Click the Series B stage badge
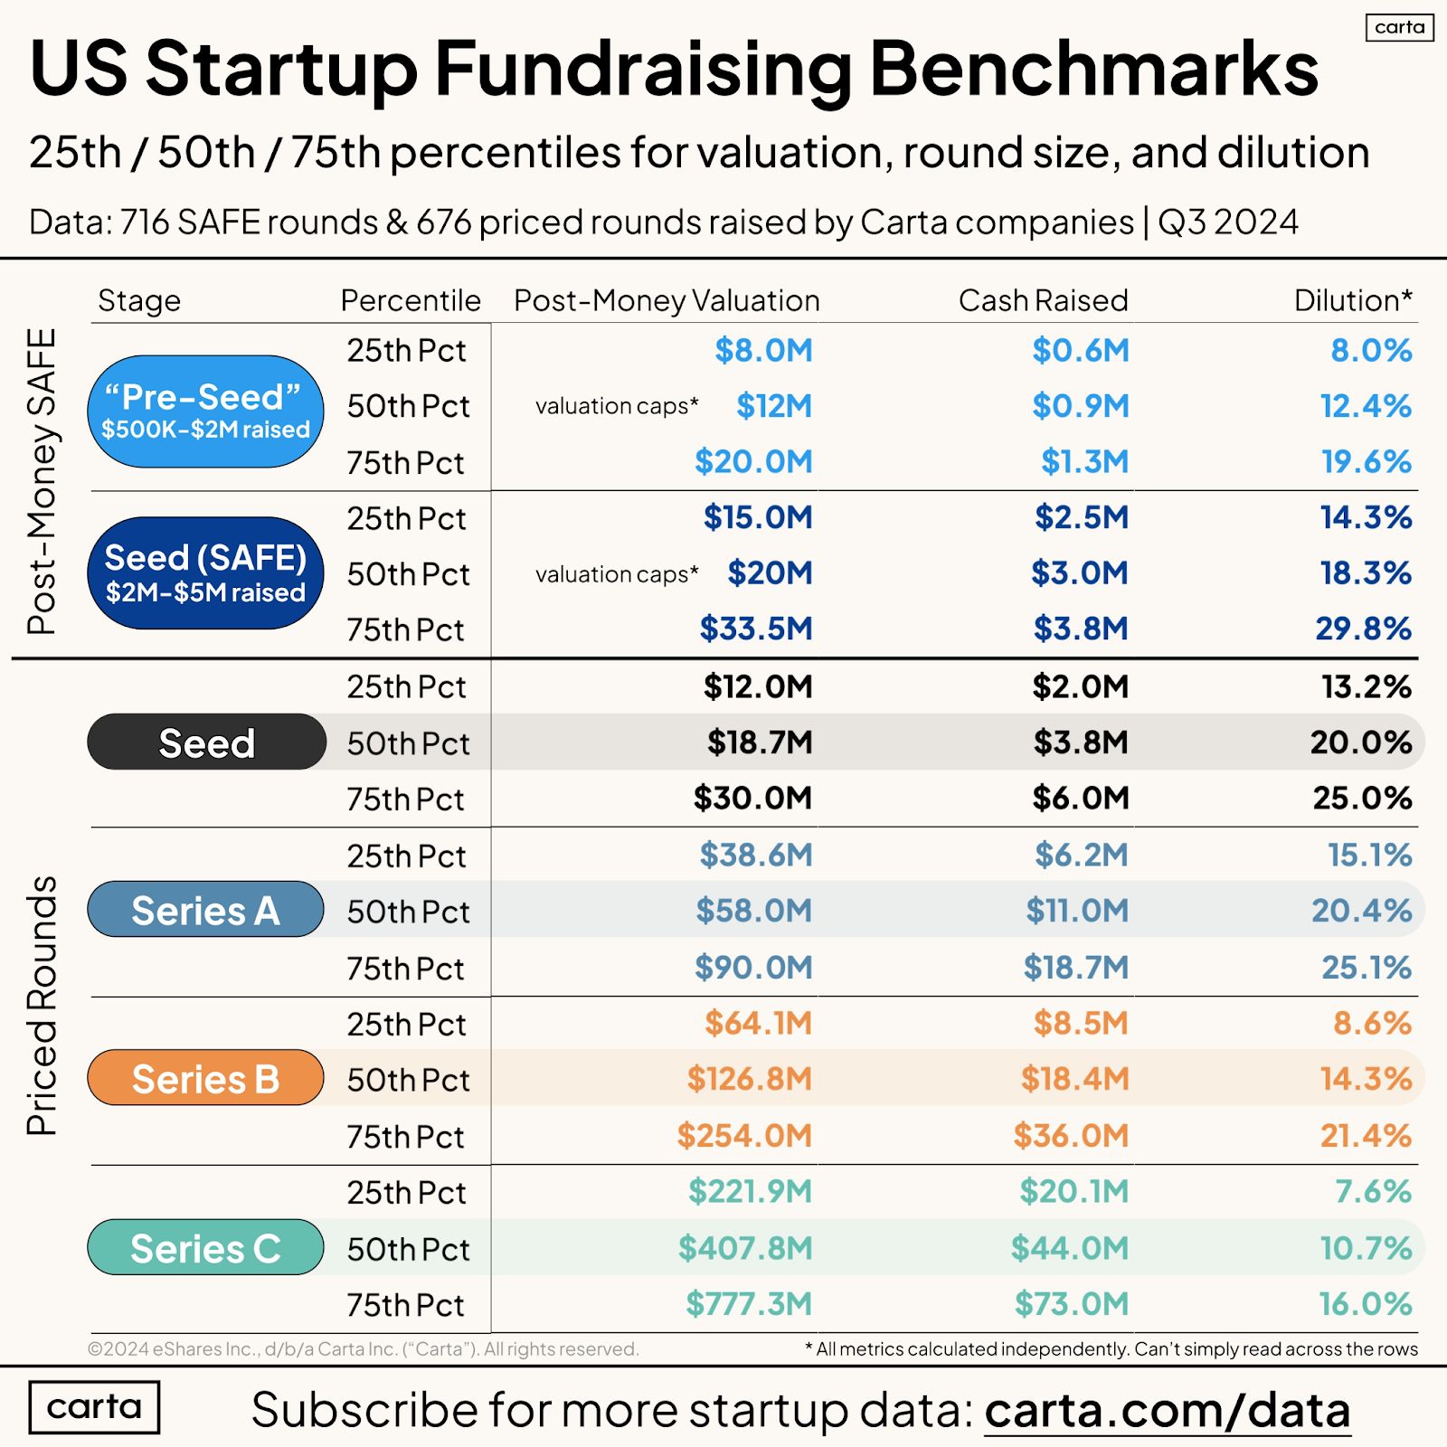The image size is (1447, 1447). tap(205, 1078)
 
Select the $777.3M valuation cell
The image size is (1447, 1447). tap(749, 1304)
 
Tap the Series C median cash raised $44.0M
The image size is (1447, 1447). tap(1070, 1248)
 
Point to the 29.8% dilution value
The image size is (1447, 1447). tap(1363, 629)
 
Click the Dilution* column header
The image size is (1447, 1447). tap(1352, 300)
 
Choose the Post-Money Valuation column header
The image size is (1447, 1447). tap(667, 300)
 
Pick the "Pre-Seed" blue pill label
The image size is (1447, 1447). tap(205, 411)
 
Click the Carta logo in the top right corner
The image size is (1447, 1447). tap(1399, 27)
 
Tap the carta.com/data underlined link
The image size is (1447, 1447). tap(1167, 1410)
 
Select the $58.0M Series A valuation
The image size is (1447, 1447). tap(753, 911)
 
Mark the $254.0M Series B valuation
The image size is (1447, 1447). tap(744, 1136)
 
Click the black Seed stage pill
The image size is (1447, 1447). tap(206, 742)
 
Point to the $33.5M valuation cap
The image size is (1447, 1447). tap(756, 629)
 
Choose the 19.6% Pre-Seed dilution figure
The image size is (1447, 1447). tap(1366, 462)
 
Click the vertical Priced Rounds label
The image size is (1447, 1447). tap(42, 1005)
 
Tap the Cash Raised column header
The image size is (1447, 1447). tap(1043, 300)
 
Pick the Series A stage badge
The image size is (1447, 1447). tap(205, 910)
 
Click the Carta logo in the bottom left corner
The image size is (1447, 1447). tap(94, 1407)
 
